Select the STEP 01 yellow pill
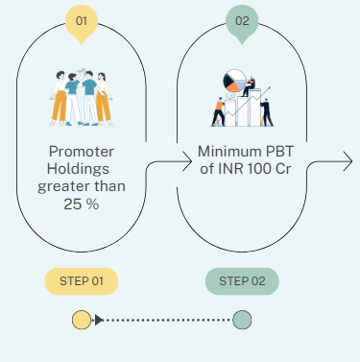click(x=82, y=281)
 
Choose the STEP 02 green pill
click(x=242, y=281)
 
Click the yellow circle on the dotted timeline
click(x=82, y=320)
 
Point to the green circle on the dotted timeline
click(x=242, y=320)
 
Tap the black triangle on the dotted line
click(x=99, y=320)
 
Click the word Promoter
click(x=82, y=152)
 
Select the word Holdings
click(x=78, y=169)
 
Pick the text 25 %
click(x=82, y=204)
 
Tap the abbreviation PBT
click(x=279, y=152)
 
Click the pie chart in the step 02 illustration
click(x=234, y=81)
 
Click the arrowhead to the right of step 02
click(x=348, y=161)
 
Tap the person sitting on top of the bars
click(x=249, y=86)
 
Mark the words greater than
click(x=82, y=186)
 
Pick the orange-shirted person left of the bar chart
click(x=219, y=112)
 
